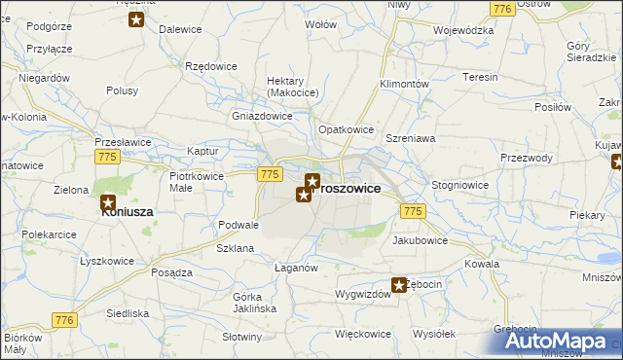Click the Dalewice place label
(x=179, y=30)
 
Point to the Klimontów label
(x=404, y=85)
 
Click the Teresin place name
(x=480, y=77)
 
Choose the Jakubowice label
(x=420, y=239)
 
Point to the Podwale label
(x=238, y=225)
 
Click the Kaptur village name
(x=202, y=152)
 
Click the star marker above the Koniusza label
(x=108, y=203)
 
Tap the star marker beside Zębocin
(x=399, y=285)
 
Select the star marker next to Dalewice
(x=136, y=19)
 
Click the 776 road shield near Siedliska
(x=65, y=320)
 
